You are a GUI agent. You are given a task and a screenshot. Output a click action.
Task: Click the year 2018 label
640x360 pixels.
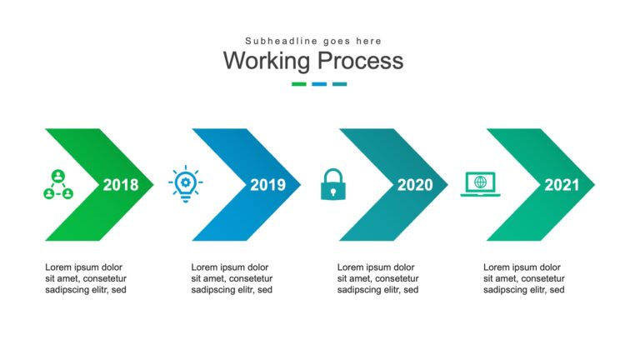121,185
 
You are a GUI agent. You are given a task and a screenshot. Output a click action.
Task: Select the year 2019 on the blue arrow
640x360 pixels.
267,185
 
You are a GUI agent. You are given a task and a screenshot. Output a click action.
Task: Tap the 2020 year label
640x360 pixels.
415,185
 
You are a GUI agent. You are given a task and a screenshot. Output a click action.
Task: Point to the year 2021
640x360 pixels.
562,185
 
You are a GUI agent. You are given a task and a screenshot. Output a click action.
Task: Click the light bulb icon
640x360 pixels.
186,183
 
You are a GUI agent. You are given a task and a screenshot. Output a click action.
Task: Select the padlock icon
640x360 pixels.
333,184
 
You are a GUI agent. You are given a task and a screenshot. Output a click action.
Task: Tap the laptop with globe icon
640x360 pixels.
480,184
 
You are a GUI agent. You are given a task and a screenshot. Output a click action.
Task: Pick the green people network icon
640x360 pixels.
58,184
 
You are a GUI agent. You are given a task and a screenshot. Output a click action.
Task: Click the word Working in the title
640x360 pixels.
267,60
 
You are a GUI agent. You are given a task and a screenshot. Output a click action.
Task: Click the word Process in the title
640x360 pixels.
360,60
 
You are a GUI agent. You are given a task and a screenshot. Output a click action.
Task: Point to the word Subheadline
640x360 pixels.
281,41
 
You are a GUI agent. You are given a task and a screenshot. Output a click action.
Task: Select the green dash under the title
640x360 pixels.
299,84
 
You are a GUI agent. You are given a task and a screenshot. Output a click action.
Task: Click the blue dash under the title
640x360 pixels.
319,84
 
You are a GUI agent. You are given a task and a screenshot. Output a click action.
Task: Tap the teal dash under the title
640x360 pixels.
340,84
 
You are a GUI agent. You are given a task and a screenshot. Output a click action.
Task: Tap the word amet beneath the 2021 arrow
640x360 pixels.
504,278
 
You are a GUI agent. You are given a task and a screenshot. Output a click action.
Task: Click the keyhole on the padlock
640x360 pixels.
333,192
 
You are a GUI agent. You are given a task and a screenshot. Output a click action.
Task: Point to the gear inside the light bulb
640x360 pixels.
186,182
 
